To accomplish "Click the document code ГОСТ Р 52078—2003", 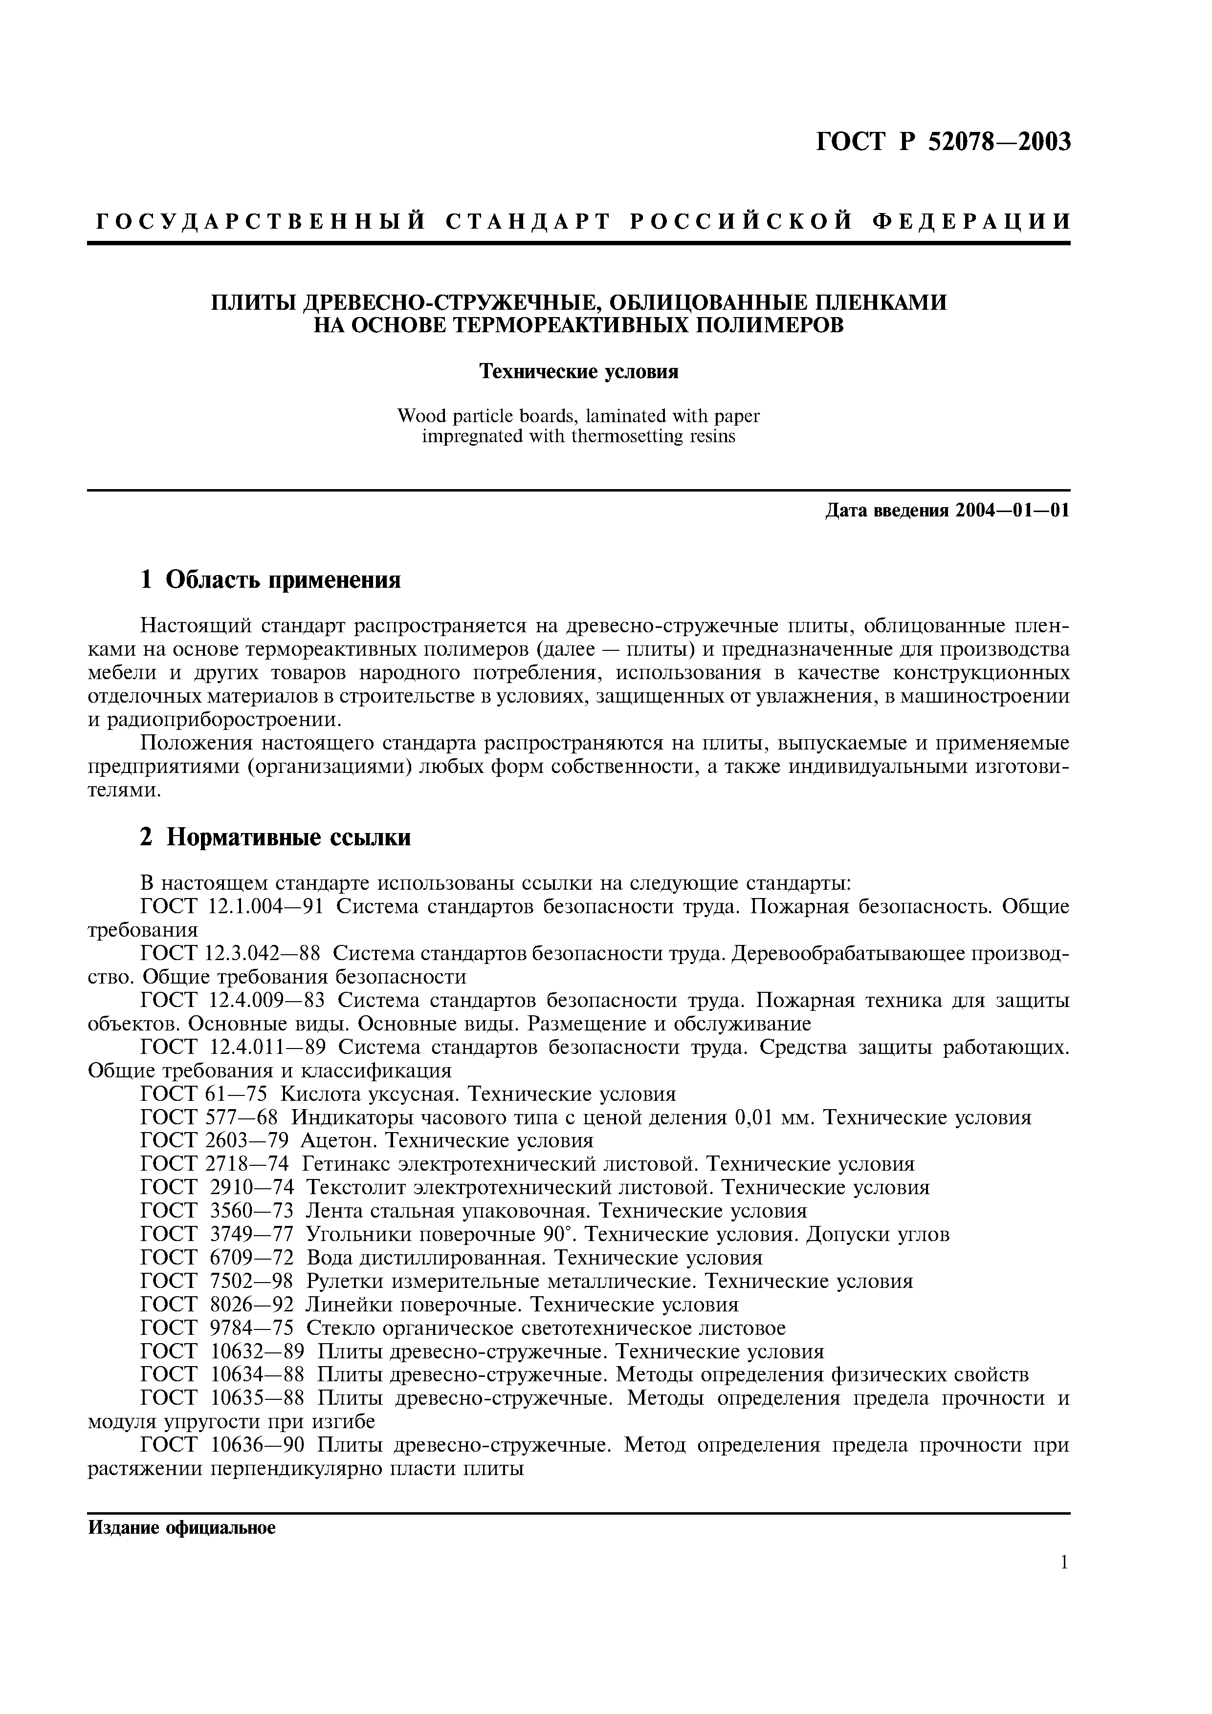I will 943,141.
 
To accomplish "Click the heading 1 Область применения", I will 270,579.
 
